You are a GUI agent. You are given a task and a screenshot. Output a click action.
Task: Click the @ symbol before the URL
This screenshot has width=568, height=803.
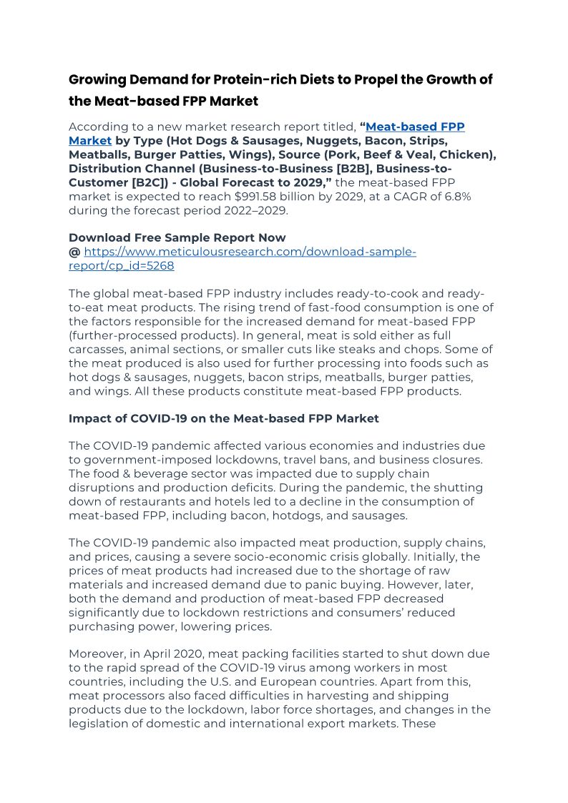point(74,252)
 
